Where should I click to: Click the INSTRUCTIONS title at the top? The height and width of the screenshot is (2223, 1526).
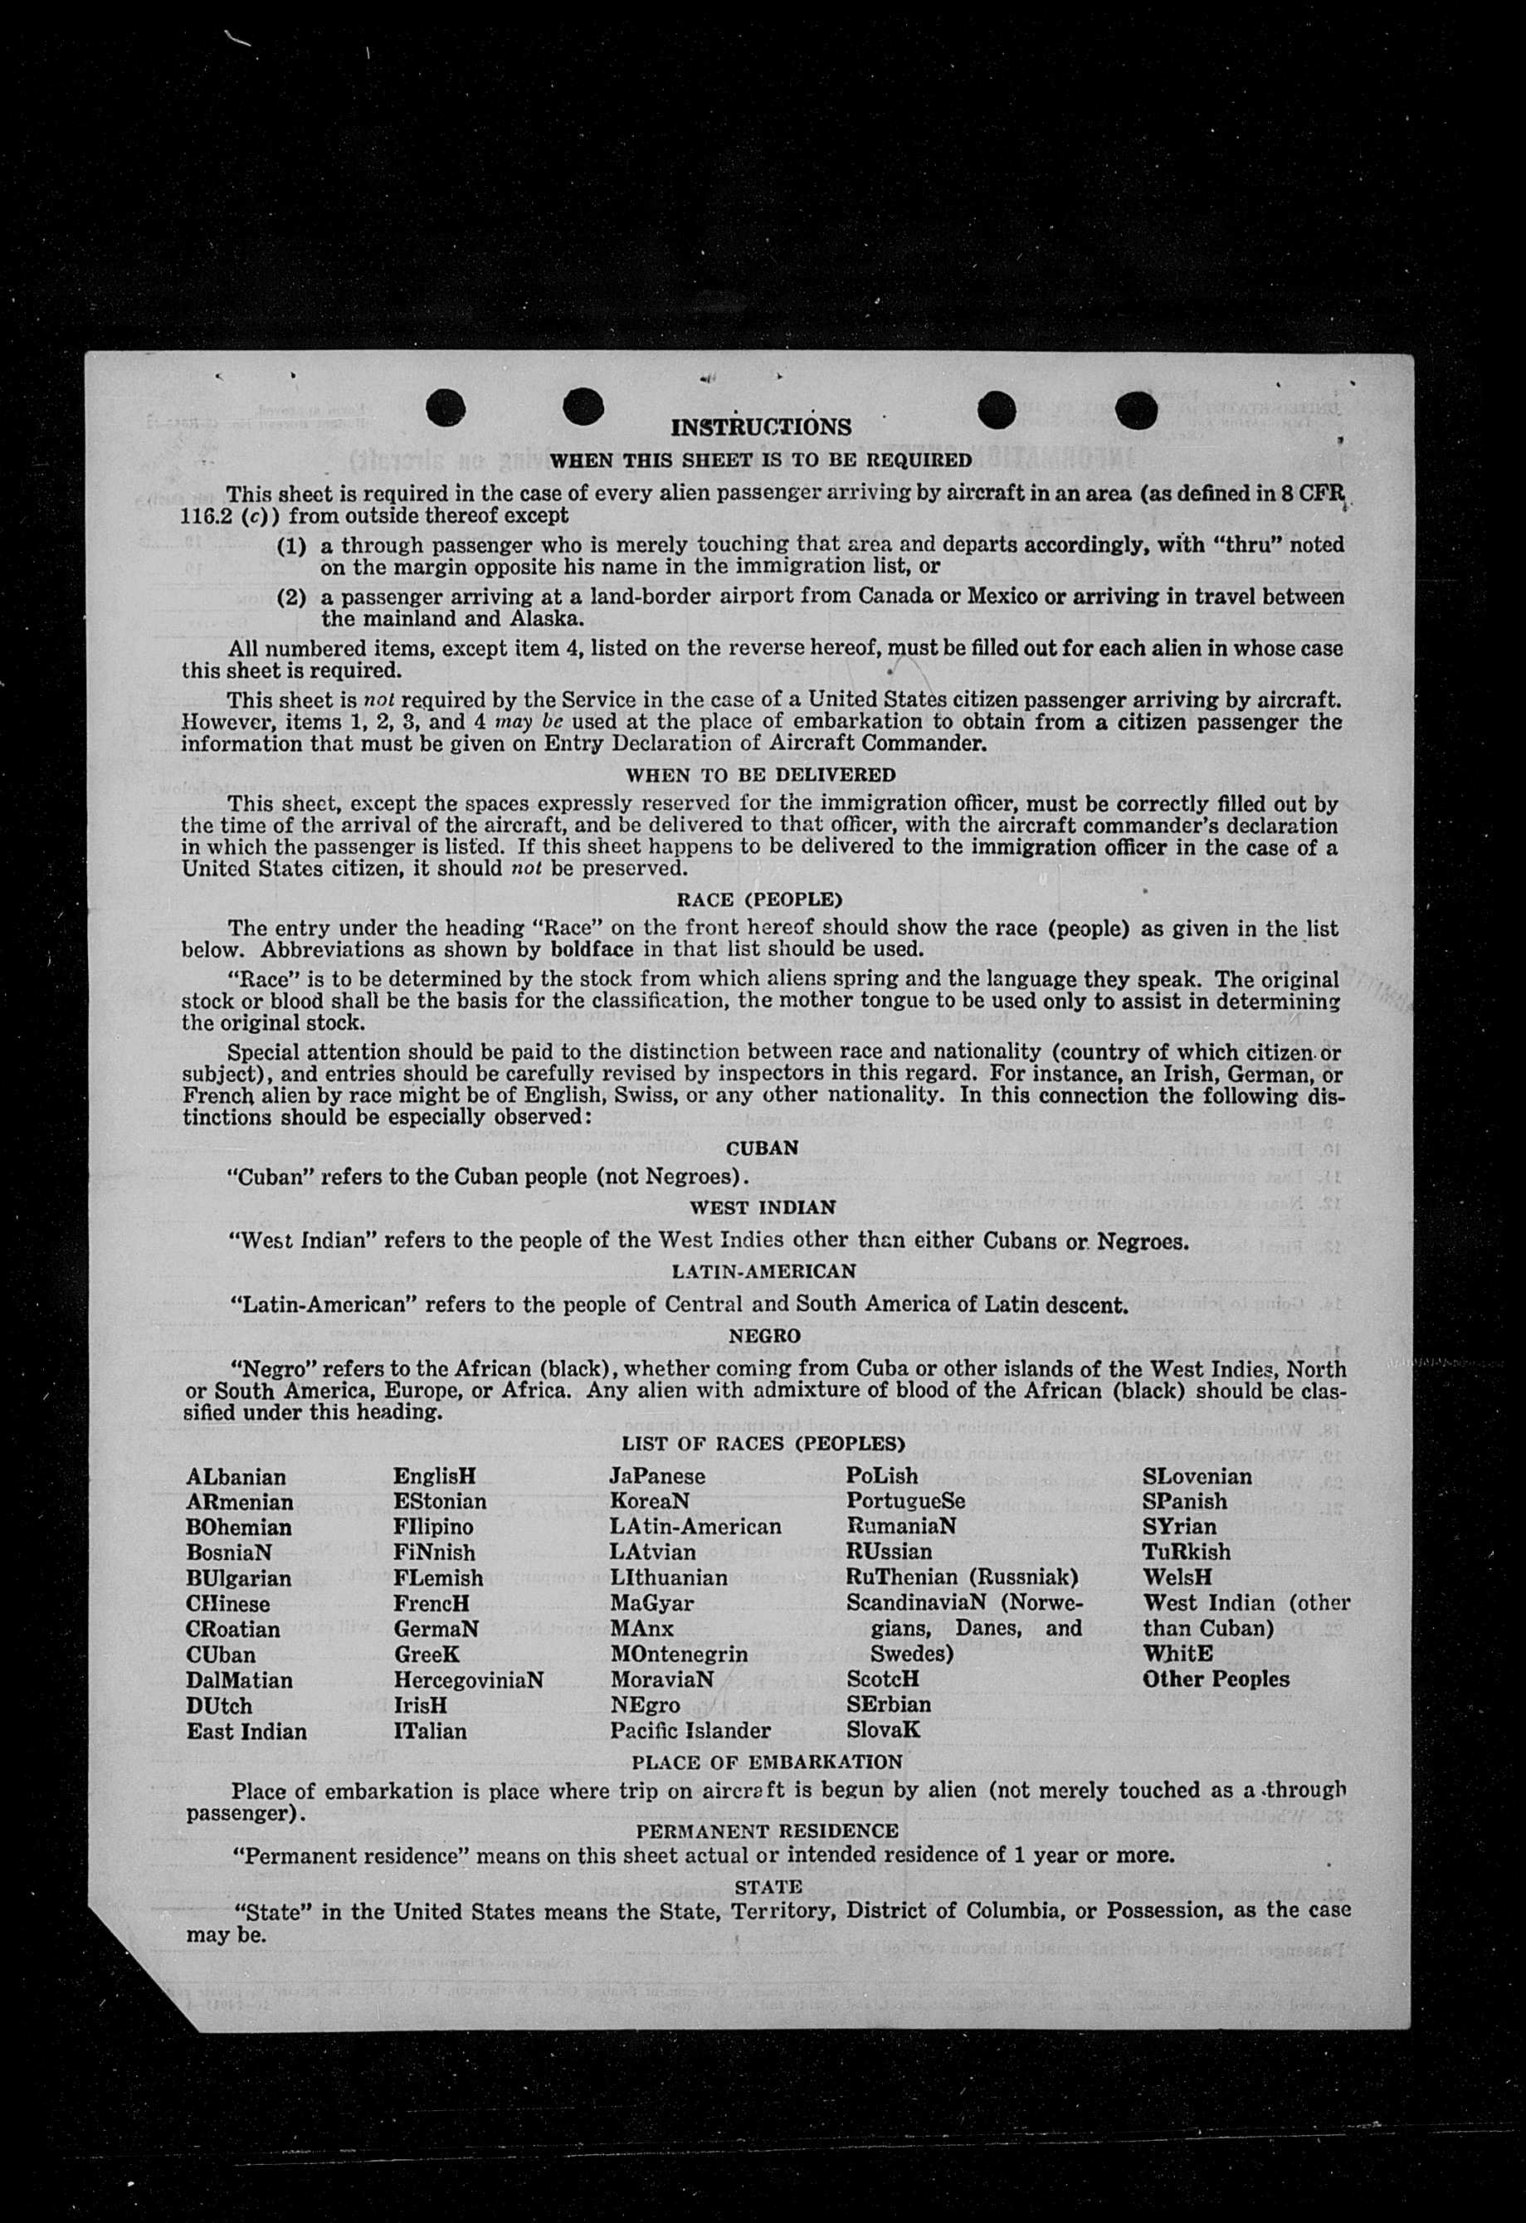click(761, 427)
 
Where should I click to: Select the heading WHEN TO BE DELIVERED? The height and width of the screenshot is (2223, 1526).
click(761, 775)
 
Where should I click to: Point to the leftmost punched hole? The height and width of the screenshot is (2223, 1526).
click(445, 408)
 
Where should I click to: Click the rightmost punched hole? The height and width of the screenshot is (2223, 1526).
click(1136, 412)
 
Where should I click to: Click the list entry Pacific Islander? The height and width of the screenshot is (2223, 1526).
click(690, 1730)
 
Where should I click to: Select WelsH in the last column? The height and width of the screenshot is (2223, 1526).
click(1177, 1577)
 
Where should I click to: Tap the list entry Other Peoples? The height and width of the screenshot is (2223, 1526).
click(1215, 1679)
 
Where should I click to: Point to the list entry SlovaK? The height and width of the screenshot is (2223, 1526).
click(883, 1729)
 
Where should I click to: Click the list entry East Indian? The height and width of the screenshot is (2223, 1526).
click(246, 1731)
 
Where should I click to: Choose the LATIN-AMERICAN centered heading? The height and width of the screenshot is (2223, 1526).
click(763, 1271)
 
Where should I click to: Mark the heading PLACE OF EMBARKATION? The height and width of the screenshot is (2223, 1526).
click(767, 1762)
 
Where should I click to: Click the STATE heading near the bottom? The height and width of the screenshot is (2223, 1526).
click(768, 1887)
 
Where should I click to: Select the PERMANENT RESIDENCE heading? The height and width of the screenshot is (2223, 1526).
click(768, 1831)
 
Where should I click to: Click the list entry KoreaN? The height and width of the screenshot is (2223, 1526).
click(649, 1502)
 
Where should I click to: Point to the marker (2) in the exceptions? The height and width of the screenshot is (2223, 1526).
click(291, 597)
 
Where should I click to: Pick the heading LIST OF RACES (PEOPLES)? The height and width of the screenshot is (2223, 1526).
click(763, 1444)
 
